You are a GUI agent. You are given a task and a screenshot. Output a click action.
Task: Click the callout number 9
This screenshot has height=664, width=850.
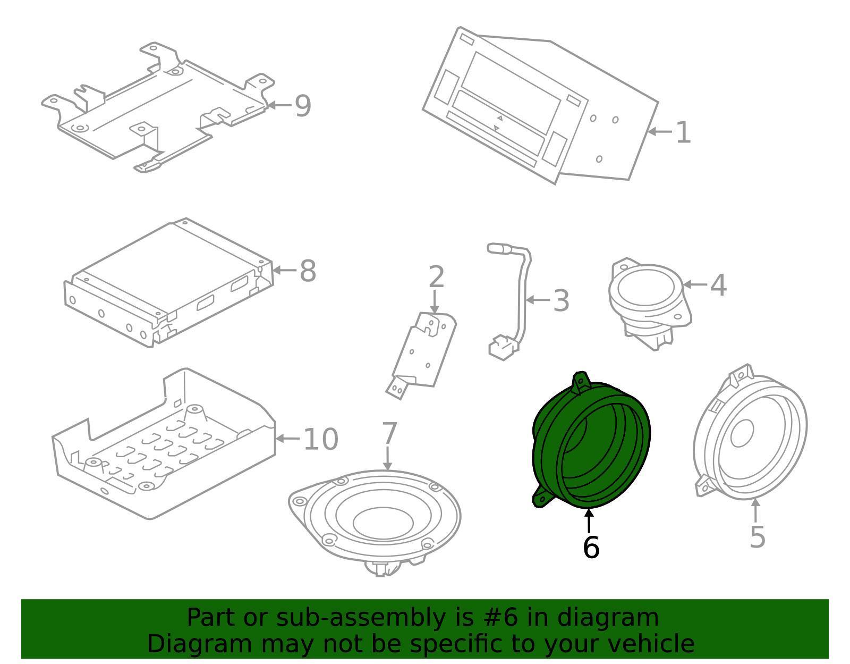pos(302,106)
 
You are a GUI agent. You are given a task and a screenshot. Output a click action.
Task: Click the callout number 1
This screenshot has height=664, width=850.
pos(683,132)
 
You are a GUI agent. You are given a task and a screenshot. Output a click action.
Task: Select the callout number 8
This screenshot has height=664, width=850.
pos(308,271)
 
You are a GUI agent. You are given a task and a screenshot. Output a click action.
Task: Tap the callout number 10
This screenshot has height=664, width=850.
pos(320,439)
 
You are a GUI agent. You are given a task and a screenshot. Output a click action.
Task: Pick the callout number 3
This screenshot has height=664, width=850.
pos(561,300)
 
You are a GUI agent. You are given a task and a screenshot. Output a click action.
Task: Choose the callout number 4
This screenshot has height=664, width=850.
pos(718,285)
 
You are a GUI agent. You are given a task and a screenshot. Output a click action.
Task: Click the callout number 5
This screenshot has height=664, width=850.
pos(757,536)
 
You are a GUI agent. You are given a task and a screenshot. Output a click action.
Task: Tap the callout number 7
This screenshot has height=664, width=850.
pos(389,433)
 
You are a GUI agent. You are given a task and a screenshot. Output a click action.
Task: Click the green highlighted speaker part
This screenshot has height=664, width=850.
pos(552,441)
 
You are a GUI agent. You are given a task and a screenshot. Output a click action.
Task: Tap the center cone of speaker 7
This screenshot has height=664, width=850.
pos(382,522)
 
